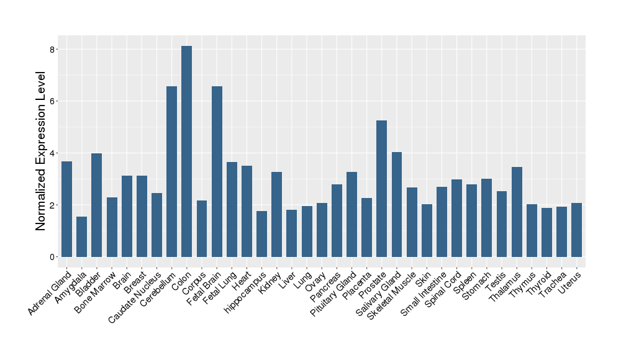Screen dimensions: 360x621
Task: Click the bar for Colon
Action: coord(186,151)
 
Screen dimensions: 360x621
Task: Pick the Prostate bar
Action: coord(382,189)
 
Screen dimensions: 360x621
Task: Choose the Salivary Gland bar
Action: coord(397,204)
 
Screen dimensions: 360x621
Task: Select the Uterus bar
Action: coord(577,230)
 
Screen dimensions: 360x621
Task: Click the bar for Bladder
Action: coord(96,205)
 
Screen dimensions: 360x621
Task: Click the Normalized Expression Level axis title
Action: coord(41,151)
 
